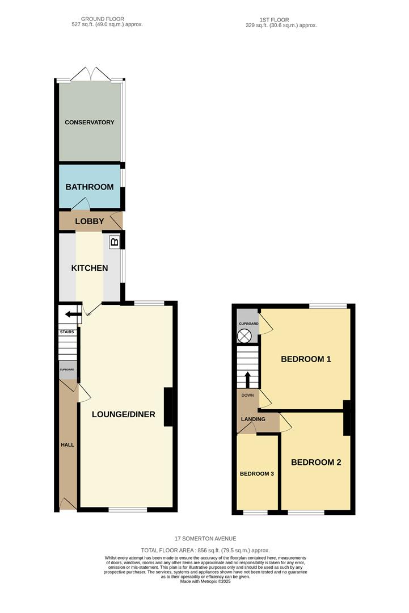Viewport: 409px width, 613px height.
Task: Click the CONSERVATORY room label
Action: (x=89, y=123)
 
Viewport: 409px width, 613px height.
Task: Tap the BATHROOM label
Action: (x=89, y=187)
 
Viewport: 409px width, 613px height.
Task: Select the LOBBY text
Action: (x=90, y=221)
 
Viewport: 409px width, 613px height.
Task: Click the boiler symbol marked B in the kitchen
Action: (x=114, y=242)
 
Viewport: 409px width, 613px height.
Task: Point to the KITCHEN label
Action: (x=90, y=268)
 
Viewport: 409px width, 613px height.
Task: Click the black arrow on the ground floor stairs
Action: (x=73, y=314)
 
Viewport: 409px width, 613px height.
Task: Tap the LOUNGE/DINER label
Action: (x=124, y=414)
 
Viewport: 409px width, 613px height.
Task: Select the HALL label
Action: (x=68, y=445)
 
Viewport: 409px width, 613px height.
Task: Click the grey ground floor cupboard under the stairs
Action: (x=68, y=370)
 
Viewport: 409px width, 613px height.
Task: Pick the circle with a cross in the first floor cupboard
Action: (x=244, y=335)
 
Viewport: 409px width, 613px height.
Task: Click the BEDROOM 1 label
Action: (x=306, y=359)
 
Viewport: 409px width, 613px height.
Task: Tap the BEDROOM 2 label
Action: (x=316, y=463)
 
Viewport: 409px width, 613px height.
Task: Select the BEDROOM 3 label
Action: (x=257, y=473)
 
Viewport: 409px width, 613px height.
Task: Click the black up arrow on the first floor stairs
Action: (x=247, y=379)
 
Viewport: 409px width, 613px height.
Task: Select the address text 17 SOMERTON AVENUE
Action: (x=205, y=539)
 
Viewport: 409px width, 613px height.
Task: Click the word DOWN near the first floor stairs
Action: (x=247, y=395)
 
